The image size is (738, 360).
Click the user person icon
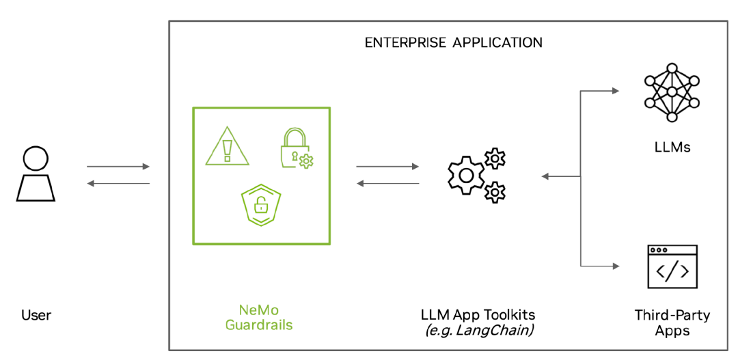[36, 174]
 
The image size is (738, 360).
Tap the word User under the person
[36, 316]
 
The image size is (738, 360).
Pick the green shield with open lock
[261, 203]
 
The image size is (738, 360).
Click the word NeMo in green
[259, 309]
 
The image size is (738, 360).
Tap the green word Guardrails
[259, 325]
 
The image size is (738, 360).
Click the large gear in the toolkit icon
[465, 174]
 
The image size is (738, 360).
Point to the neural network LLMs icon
[672, 92]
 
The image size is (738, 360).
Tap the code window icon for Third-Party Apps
[672, 267]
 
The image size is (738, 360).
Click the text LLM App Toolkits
[478, 316]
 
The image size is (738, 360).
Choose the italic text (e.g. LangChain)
[478, 331]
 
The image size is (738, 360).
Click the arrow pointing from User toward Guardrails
[118, 167]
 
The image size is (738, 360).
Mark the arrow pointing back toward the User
[118, 183]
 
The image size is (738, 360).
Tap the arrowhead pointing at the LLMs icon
[616, 90]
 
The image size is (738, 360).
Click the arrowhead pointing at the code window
[616, 266]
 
